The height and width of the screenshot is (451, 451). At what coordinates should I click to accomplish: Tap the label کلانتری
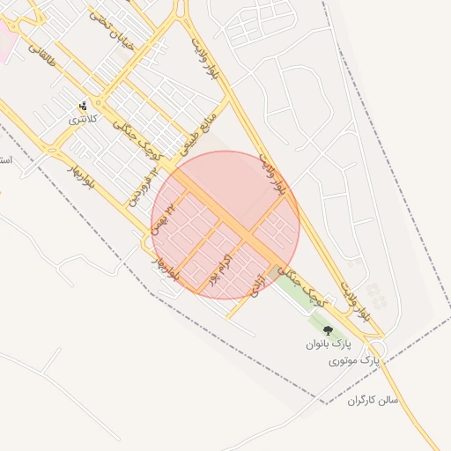[x=84, y=119]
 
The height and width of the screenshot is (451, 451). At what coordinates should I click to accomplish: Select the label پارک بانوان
[x=329, y=344]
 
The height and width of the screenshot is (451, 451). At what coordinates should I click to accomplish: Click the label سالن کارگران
[x=373, y=400]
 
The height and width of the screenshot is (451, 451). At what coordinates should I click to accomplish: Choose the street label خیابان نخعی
[x=113, y=26]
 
